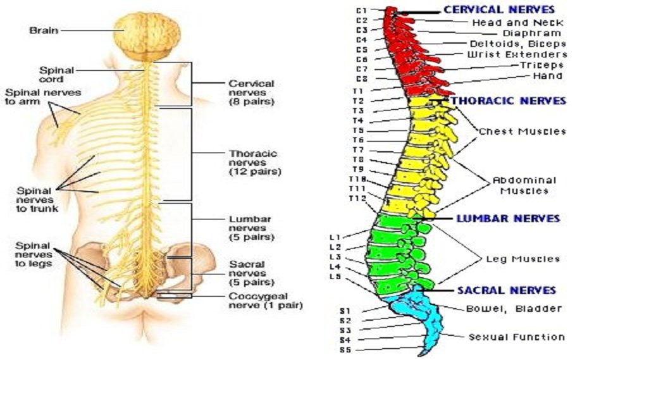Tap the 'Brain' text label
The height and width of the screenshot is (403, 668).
44,30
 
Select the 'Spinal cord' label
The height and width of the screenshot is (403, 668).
57,75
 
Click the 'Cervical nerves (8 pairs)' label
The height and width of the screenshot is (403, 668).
251,92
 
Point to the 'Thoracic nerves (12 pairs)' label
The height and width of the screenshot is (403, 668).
255,163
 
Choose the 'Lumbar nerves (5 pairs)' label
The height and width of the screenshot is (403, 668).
251,228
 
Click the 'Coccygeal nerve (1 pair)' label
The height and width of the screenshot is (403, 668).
266,301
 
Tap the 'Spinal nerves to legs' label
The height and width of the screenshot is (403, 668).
34,255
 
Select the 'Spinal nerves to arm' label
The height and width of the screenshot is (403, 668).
42,97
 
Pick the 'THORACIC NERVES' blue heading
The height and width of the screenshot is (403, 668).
508,101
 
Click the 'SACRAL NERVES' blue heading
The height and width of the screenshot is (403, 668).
507,290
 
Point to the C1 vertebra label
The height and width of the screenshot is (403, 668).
362,11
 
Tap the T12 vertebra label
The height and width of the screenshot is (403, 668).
357,199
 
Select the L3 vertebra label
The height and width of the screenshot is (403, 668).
335,257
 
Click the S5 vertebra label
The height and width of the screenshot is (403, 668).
345,350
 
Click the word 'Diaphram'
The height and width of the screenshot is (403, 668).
532,34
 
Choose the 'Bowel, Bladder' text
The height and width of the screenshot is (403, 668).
514,309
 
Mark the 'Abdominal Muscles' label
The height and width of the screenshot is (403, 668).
524,186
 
